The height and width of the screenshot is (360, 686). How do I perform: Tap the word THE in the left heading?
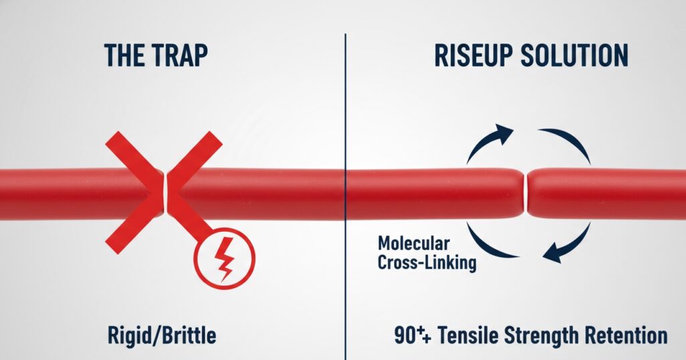coord(125,56)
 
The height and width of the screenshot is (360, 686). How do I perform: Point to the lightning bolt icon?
coord(225,257)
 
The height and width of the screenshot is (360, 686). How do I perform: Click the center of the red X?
coord(164,192)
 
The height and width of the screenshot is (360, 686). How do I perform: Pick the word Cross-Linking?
coord(427,262)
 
